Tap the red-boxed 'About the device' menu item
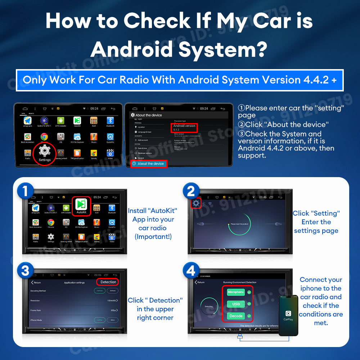[148, 164]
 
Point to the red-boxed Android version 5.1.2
[184, 127]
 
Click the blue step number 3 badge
[25, 271]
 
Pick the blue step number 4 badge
[191, 271]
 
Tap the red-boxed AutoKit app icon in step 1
[81, 206]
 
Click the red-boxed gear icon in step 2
[195, 203]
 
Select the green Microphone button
[236, 292]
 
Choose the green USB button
[236, 304]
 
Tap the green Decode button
[236, 316]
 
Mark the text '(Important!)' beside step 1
[153, 237]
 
